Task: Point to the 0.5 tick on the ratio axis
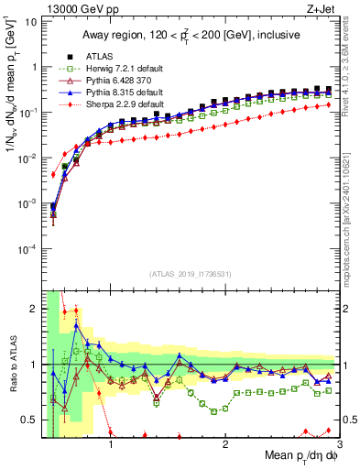click(x=29, y=420)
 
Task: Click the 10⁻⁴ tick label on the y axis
click(x=27, y=249)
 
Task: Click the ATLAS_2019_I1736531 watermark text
click(x=190, y=274)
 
